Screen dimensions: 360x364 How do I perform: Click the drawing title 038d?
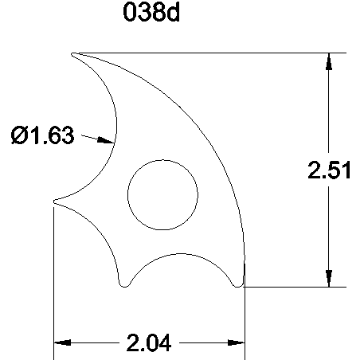click(x=157, y=15)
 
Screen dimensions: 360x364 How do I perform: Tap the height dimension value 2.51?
click(x=330, y=172)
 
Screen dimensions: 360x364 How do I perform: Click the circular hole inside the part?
click(x=162, y=194)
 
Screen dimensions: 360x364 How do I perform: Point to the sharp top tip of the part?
click(x=74, y=55)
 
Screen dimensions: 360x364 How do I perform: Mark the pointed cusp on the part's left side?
click(x=54, y=202)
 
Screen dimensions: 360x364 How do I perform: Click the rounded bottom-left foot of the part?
click(x=123, y=282)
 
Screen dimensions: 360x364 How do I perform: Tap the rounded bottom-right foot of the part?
click(x=237, y=282)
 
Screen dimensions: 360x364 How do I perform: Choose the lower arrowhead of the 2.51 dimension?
click(x=327, y=278)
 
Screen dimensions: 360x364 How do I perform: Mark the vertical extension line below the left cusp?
click(x=53, y=279)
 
